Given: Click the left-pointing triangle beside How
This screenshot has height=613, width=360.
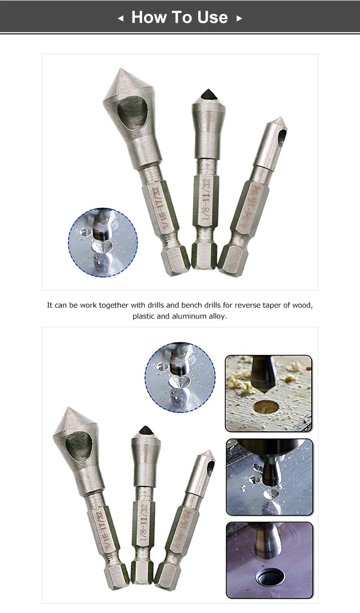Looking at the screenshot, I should pyautogui.click(x=120, y=18).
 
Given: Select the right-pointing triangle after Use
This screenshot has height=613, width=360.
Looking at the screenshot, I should pyautogui.click(x=239, y=18).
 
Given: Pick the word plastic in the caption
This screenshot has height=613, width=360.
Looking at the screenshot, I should pyautogui.click(x=145, y=317).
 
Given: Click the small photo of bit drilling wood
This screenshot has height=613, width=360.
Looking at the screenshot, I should pyautogui.click(x=268, y=393).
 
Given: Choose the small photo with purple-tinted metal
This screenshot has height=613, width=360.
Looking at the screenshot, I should pyautogui.click(x=269, y=560).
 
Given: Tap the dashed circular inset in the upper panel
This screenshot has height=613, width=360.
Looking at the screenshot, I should pyautogui.click(x=103, y=242).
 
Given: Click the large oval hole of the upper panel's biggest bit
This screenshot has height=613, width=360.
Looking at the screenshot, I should pyautogui.click(x=132, y=111).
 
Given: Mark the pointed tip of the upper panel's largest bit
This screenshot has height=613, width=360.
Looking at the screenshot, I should pyautogui.click(x=118, y=72).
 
